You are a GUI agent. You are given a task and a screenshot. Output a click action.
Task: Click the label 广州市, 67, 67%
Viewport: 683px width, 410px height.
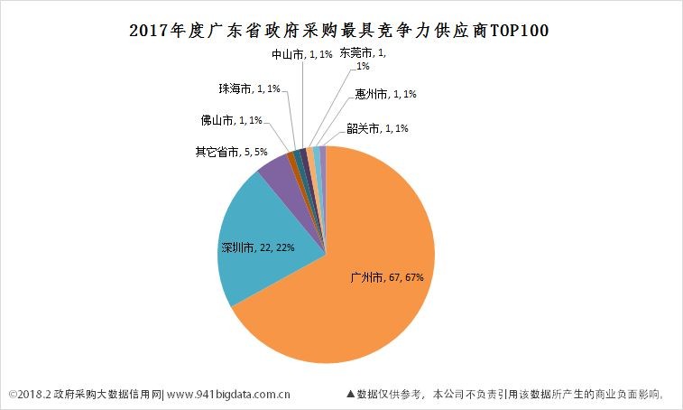[x=387, y=277]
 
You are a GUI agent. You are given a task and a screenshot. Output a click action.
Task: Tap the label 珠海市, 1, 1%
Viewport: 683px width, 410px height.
[x=249, y=89]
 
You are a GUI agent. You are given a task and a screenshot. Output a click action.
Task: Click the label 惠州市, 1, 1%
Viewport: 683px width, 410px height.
[x=385, y=94]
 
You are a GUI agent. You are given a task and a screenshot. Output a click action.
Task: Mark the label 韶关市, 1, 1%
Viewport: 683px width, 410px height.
[x=377, y=128]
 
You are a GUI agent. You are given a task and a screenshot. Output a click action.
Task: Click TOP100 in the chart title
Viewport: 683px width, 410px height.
[x=519, y=31]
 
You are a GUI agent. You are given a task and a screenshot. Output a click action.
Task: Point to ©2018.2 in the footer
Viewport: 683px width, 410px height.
[x=29, y=394]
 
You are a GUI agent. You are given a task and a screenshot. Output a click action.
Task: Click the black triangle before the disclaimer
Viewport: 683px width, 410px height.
[x=351, y=394]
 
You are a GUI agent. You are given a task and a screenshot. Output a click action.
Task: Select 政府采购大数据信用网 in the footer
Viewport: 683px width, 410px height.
[x=106, y=394]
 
